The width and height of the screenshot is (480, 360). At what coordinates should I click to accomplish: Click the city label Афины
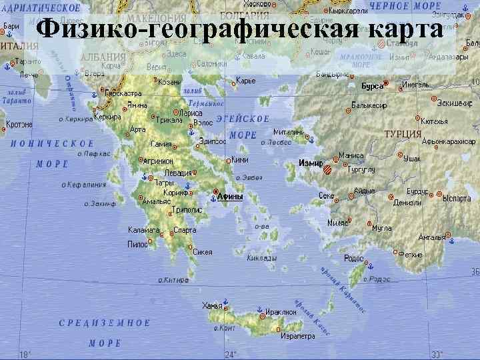(231, 197)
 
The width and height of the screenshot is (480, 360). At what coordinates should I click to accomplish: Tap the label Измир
(311, 163)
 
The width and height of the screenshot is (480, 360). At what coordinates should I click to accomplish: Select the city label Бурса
(372, 86)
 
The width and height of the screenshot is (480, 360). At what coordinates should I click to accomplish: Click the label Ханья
(211, 306)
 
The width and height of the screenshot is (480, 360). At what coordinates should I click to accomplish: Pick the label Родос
(353, 257)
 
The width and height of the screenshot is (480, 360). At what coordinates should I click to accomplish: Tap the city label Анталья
(431, 237)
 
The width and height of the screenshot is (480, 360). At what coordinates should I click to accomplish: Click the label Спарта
(185, 230)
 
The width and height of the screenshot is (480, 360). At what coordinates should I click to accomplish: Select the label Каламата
(144, 230)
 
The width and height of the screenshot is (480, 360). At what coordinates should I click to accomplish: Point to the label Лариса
(191, 113)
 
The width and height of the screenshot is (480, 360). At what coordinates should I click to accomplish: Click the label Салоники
(212, 64)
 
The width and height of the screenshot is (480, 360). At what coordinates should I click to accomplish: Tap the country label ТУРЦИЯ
(403, 134)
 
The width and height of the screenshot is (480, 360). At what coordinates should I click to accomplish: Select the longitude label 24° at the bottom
(231, 354)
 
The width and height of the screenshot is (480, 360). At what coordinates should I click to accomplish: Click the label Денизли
(407, 203)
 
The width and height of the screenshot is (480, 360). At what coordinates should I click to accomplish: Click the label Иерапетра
(297, 336)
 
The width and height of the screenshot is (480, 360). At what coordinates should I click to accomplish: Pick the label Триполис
(187, 209)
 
